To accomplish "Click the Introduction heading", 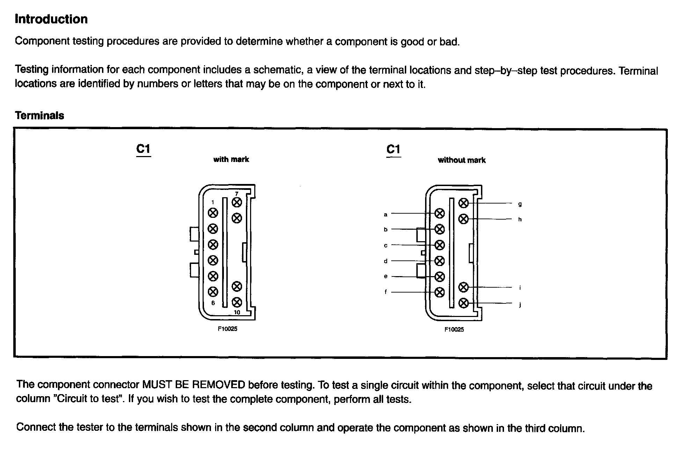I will point(51,19).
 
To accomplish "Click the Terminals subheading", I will point(39,116).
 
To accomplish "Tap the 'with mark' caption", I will point(231,160).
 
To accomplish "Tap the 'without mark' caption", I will point(461,160).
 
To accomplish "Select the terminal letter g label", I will point(520,204).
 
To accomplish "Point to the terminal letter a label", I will point(386,215).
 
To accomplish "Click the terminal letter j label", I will point(520,305).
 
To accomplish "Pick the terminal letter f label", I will point(386,292).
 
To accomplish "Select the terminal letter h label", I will point(520,219).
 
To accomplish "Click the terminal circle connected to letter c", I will point(439,245).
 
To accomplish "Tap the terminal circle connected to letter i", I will point(463,287).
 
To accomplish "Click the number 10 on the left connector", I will point(237,312).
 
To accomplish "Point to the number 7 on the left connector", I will point(236,194).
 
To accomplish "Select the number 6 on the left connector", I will point(213,303).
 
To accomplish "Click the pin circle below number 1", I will point(213,213).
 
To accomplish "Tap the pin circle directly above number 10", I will point(237,302).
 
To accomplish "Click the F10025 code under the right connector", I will point(454,329).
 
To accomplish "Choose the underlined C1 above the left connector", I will point(143,149).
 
